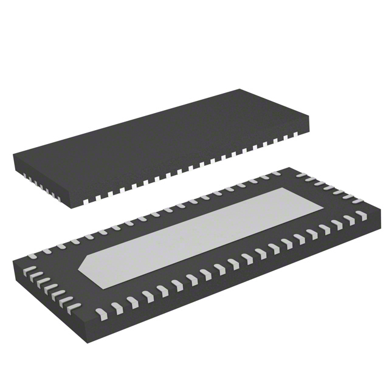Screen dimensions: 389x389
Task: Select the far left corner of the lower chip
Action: pyautogui.click(x=13, y=257)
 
